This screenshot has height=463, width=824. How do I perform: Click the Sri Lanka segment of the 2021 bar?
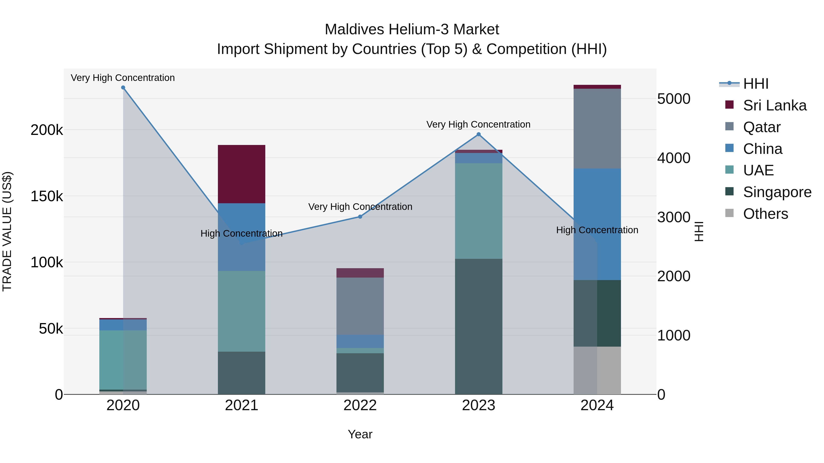241,174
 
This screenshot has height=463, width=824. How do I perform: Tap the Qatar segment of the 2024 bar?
597,128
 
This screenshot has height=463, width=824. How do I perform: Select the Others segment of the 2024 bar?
597,370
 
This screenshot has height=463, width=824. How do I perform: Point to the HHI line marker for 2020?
123,88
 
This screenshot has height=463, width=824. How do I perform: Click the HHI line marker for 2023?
479,134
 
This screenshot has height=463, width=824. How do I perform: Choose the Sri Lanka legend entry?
774,105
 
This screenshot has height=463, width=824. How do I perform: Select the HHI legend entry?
756,84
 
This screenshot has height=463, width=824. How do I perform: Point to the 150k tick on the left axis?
47,196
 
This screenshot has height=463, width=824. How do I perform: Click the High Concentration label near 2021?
241,234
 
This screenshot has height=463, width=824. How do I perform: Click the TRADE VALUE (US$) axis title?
7,231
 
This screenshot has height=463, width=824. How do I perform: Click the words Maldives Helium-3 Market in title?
412,29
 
